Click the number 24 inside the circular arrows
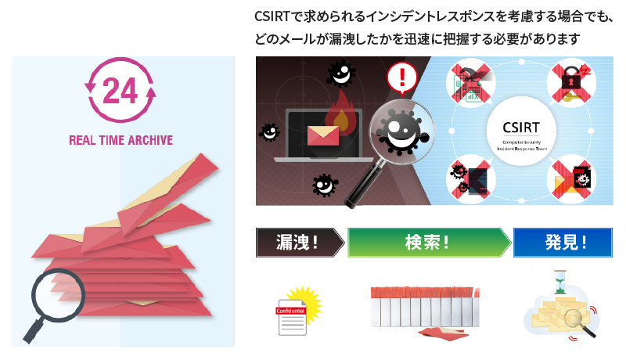(120, 92)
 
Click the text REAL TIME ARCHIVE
(121, 141)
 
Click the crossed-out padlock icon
(570, 81)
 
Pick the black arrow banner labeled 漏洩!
(298, 242)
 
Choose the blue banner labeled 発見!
(562, 242)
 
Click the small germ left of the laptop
(269, 131)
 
